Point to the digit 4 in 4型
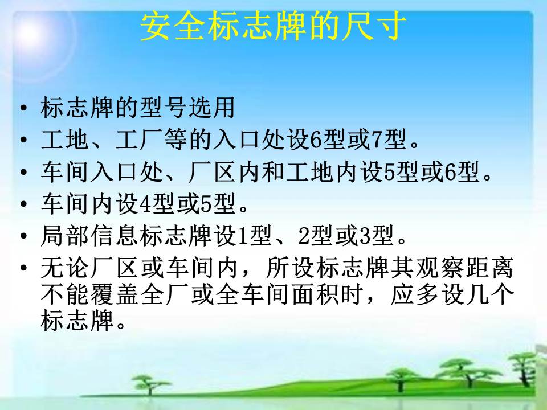[x=145, y=204]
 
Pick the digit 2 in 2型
[x=304, y=236]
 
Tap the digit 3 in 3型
[x=366, y=236]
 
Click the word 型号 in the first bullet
[x=162, y=108]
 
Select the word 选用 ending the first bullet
[x=211, y=108]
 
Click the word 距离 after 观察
[x=489, y=268]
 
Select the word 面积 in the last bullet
[x=313, y=294]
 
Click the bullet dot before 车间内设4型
[x=23, y=204]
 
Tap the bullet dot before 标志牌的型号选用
[x=23, y=108]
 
